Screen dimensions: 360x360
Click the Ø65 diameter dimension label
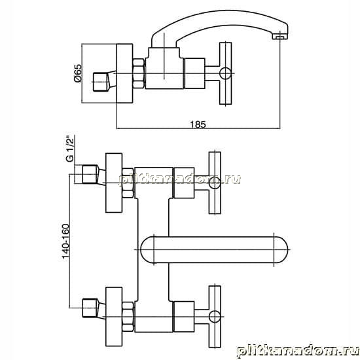78,73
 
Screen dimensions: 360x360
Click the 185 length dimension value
198,124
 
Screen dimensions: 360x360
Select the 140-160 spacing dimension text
66,241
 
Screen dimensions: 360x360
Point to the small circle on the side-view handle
225,73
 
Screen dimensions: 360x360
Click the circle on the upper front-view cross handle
215,183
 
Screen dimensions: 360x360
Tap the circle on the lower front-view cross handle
215,317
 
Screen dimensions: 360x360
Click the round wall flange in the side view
124,73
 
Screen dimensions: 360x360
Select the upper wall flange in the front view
114,183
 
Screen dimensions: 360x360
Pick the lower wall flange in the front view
114,317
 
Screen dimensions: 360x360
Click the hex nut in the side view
139,73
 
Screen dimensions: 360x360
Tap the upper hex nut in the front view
128,183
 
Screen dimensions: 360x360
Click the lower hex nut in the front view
128,317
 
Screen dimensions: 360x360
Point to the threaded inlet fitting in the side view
105,82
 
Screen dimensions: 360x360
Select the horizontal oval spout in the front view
214,249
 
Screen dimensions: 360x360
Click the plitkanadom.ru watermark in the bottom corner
298,351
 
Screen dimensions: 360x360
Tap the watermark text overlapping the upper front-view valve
180,179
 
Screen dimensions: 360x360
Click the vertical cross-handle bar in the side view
225,73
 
